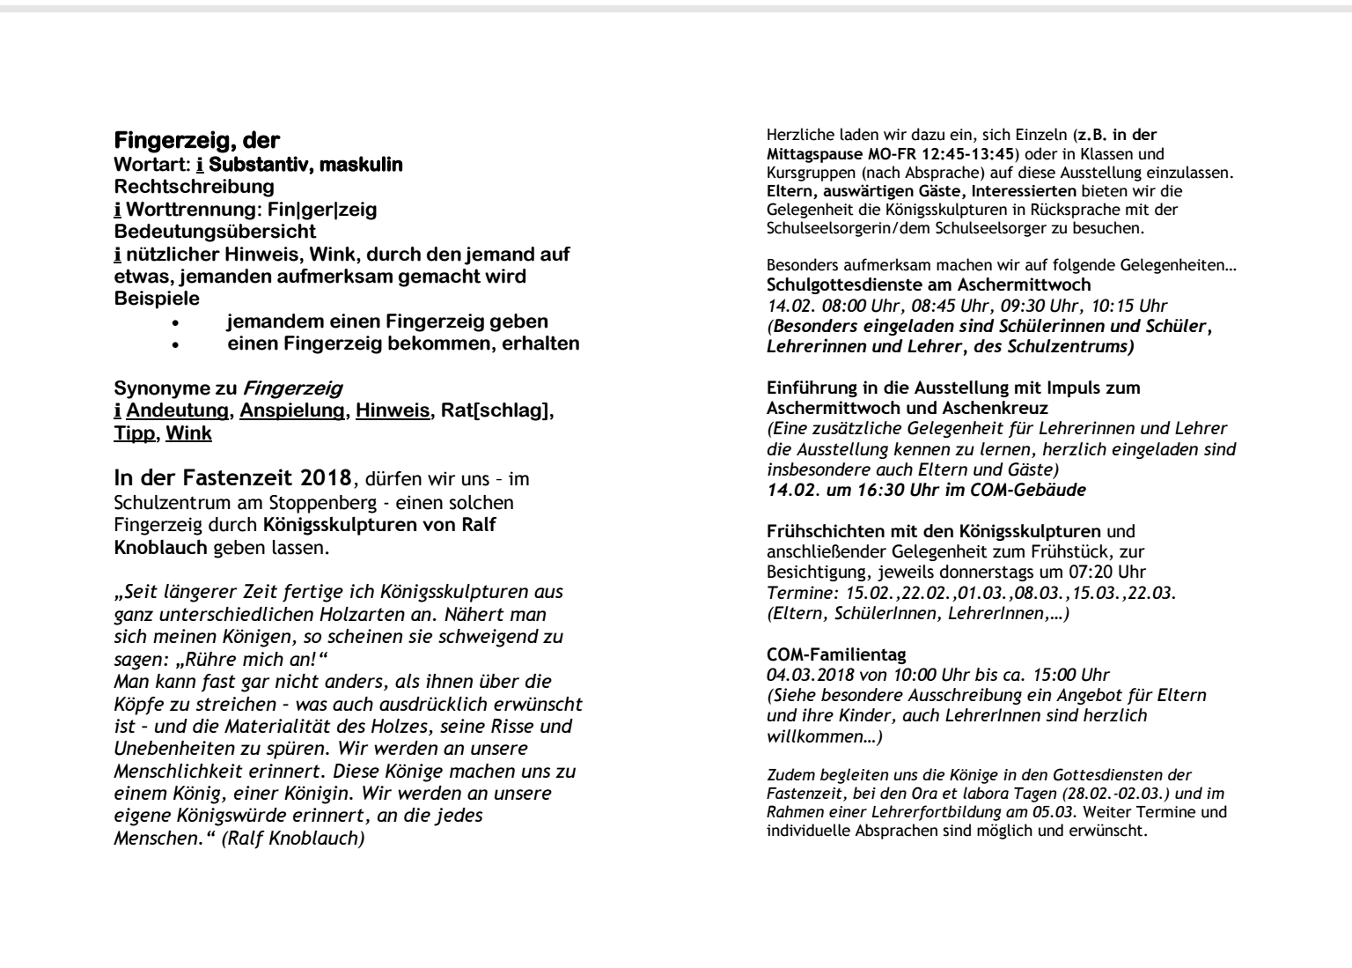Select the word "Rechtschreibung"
(x=195, y=187)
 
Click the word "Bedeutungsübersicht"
(x=216, y=232)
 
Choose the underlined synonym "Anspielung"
(x=292, y=410)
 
